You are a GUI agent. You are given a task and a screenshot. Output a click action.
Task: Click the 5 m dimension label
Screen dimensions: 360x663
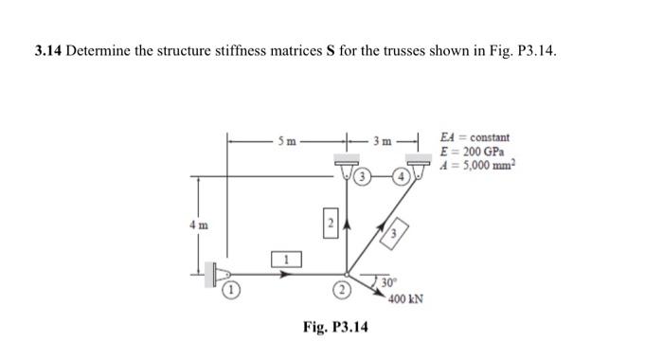(x=288, y=142)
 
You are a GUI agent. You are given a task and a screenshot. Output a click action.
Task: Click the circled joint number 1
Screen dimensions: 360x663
(x=229, y=291)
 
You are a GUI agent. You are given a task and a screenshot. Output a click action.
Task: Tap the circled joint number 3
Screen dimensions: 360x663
(x=363, y=177)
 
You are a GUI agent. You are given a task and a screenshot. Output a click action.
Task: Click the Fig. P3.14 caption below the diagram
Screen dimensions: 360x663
(x=335, y=327)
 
